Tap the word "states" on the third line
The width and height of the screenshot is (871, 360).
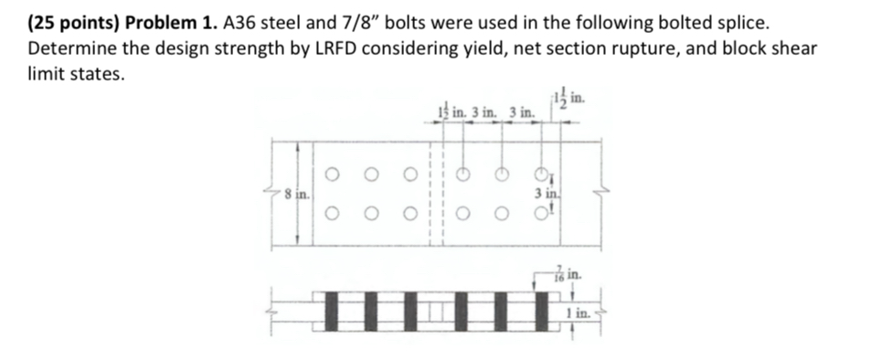97,75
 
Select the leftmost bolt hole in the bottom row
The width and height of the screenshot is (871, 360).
333,216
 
